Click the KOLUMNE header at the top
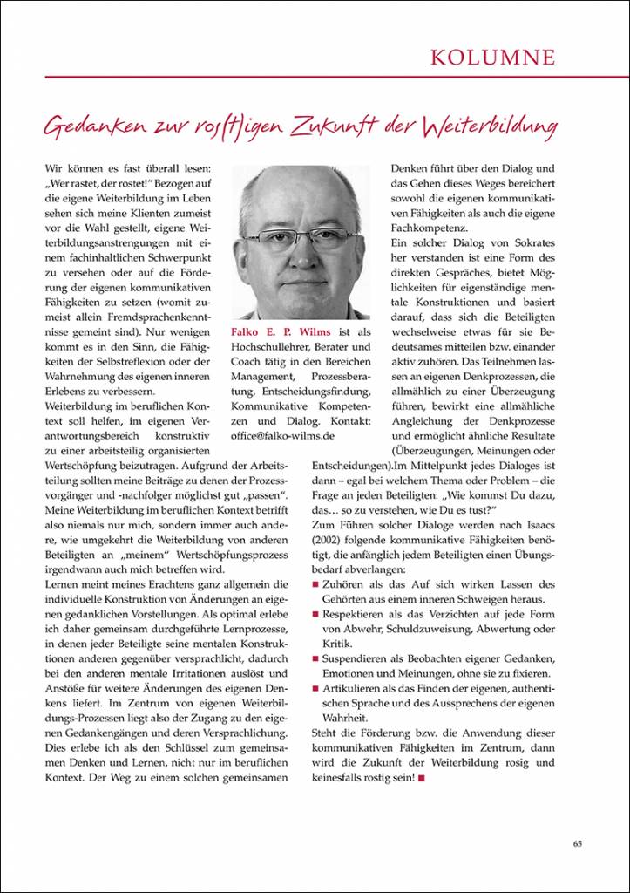492,58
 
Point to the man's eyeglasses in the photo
303,238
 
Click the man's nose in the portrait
303,254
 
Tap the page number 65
578,842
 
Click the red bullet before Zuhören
315,583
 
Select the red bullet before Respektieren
315,615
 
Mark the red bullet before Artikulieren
315,688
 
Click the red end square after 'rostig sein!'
422,777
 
